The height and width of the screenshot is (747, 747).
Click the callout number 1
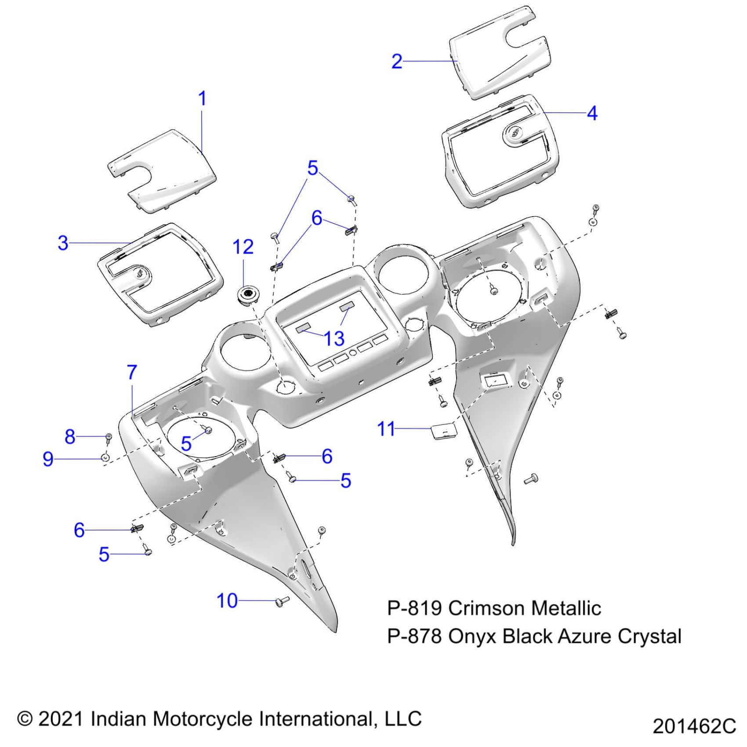(x=202, y=98)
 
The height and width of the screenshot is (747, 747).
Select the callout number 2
(x=396, y=62)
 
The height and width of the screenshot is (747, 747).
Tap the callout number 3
(x=63, y=243)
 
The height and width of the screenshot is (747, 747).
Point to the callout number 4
(x=592, y=113)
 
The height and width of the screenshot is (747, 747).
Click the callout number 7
(x=132, y=373)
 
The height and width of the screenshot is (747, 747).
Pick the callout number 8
(x=70, y=437)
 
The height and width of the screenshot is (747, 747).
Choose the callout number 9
(x=48, y=459)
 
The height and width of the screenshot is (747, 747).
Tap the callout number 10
(x=227, y=601)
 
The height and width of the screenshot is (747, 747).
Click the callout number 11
(x=386, y=429)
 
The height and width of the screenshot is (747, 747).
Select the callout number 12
(x=243, y=247)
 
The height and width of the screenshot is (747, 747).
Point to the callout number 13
(x=334, y=338)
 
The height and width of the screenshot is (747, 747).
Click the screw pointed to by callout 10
(x=281, y=601)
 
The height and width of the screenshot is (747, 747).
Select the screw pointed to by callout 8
(x=108, y=437)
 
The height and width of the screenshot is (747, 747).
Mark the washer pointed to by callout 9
(x=105, y=458)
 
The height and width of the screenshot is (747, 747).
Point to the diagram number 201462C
(x=694, y=726)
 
